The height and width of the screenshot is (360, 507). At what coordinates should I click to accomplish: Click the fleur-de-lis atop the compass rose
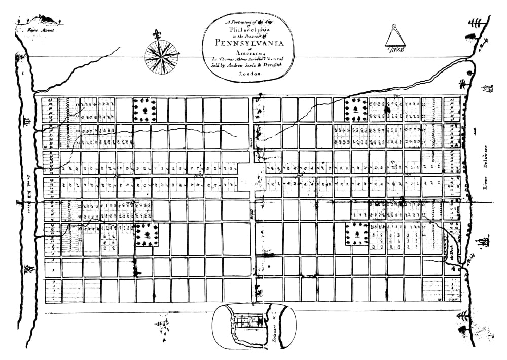(x=155, y=35)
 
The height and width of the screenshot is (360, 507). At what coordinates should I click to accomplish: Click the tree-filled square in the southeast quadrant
(x=358, y=234)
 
